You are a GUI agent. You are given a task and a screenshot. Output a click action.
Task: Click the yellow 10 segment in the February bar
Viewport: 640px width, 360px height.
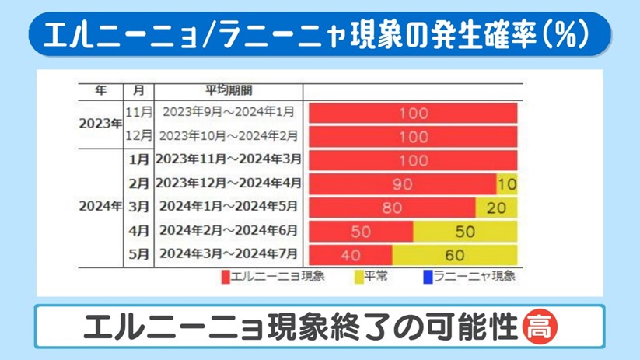(x=507, y=184)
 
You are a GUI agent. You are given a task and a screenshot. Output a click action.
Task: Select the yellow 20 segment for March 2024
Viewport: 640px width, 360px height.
(x=496, y=208)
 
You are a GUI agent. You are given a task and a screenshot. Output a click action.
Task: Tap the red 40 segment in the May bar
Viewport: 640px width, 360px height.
(x=351, y=255)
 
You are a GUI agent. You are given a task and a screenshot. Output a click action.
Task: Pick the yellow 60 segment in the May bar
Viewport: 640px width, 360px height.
(x=455, y=255)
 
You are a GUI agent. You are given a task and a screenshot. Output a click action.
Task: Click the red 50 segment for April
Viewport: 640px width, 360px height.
(x=361, y=232)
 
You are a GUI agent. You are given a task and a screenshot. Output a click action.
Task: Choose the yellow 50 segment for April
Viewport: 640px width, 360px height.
(x=465, y=232)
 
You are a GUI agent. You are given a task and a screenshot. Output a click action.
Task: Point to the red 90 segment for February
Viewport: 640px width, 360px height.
(x=403, y=184)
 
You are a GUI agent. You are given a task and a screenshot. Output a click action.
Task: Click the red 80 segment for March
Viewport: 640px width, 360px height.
(x=393, y=208)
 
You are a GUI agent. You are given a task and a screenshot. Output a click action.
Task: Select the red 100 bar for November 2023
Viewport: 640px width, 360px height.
(x=413, y=113)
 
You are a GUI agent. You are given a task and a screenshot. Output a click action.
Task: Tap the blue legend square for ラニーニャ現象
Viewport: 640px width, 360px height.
(x=427, y=277)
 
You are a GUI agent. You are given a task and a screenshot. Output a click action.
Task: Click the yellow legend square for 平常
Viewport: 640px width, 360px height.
(x=358, y=277)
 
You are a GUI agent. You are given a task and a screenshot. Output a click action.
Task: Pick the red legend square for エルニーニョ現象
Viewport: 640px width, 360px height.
(x=226, y=277)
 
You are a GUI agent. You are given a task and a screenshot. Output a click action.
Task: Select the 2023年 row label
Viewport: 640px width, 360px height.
(x=100, y=124)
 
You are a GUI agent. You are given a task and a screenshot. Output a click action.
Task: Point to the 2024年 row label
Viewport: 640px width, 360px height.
(x=100, y=207)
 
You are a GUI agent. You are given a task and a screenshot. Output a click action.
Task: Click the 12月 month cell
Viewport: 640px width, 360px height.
(x=139, y=135)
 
